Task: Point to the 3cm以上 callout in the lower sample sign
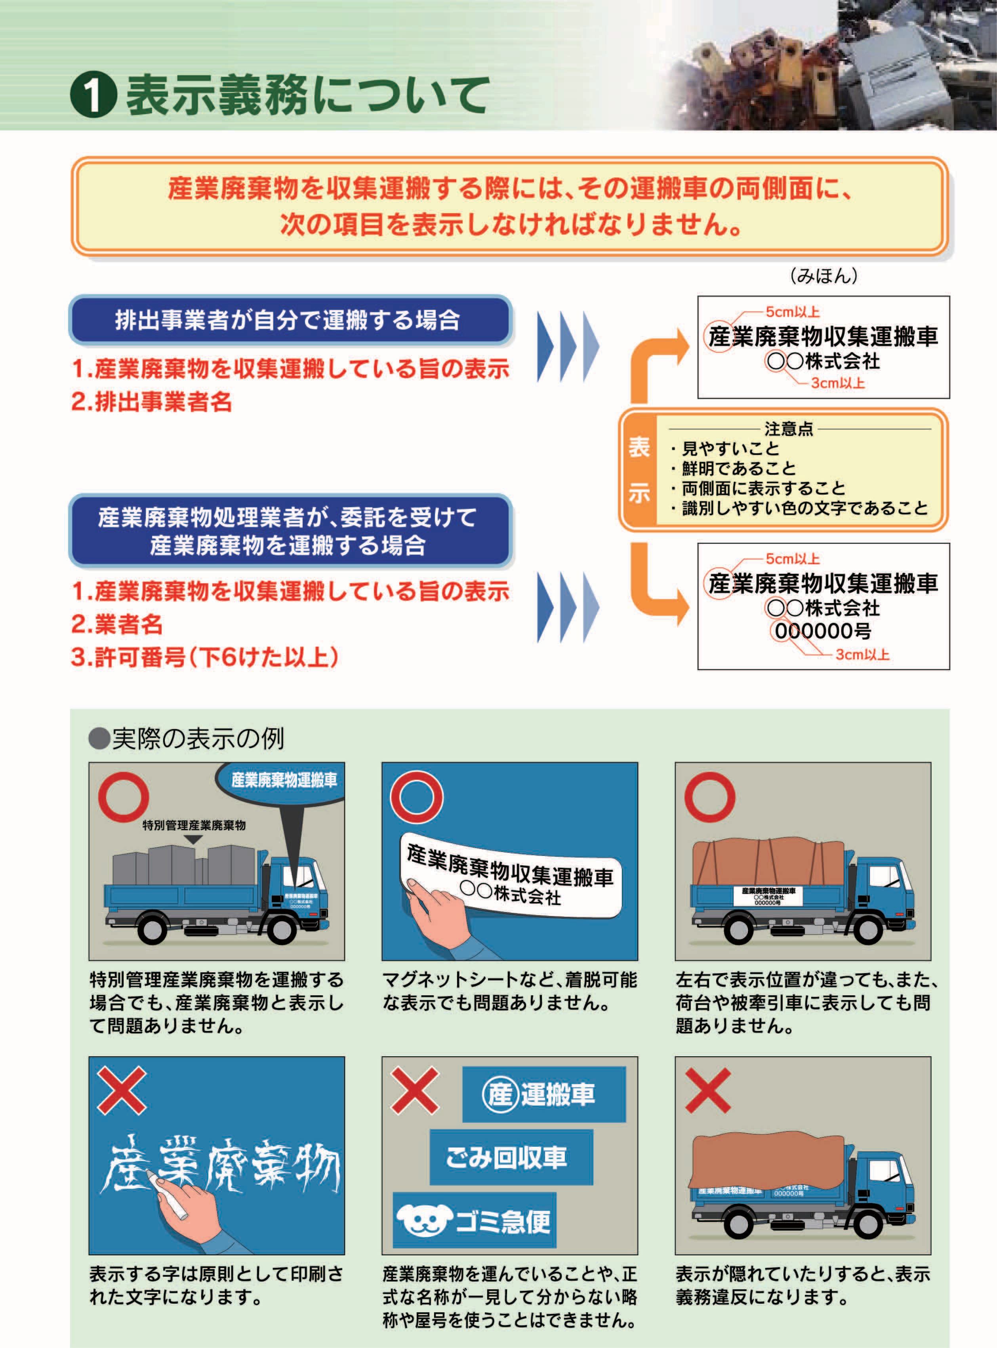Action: [862, 654]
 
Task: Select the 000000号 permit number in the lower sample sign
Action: [823, 631]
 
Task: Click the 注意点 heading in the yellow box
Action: [789, 429]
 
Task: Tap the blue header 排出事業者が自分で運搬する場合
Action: [288, 320]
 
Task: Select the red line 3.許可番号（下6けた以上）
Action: [204, 657]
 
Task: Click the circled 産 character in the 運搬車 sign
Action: [500, 1094]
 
